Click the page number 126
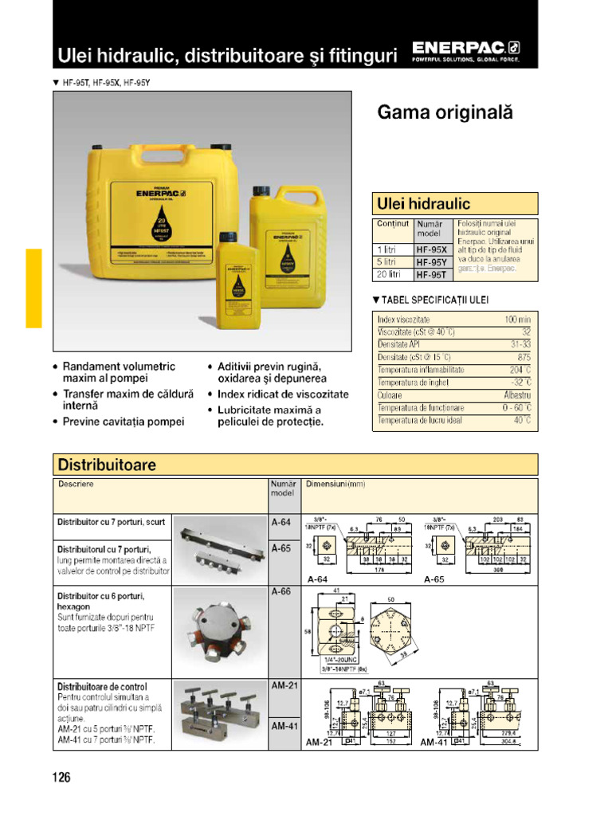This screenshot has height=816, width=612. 62,777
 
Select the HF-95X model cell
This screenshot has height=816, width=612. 432,249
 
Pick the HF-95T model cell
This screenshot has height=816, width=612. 432,275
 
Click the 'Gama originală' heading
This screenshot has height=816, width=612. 445,113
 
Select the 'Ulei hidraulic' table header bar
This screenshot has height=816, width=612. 455,204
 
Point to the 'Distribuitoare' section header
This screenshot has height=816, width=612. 295,465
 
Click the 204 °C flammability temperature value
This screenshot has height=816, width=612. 520,370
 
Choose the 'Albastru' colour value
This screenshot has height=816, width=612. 517,395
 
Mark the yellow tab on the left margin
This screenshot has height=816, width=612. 33,288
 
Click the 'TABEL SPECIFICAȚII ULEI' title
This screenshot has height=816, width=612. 431,300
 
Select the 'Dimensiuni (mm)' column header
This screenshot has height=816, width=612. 335,484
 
